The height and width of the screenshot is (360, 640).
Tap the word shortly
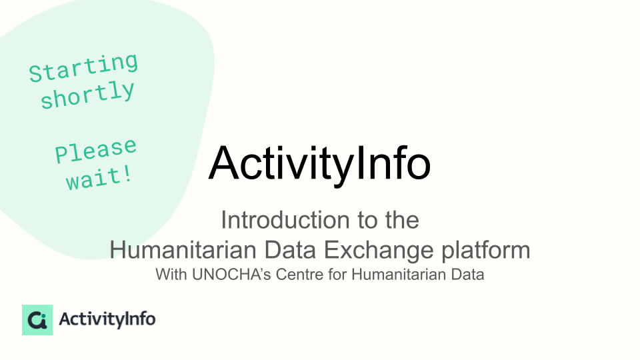coord(88,95)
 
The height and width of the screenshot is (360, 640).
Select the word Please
coord(96,150)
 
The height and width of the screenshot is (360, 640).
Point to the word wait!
coord(99,179)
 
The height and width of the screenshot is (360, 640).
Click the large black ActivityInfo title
coord(319,163)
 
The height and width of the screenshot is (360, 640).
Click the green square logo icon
coord(37,320)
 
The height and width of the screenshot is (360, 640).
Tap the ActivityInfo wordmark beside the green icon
coord(107,319)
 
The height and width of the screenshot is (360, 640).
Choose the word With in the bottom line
coord(171,274)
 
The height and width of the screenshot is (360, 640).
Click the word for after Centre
coord(337,274)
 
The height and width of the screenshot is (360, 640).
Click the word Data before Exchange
coord(290,250)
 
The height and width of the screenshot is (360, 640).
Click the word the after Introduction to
coord(402,220)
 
